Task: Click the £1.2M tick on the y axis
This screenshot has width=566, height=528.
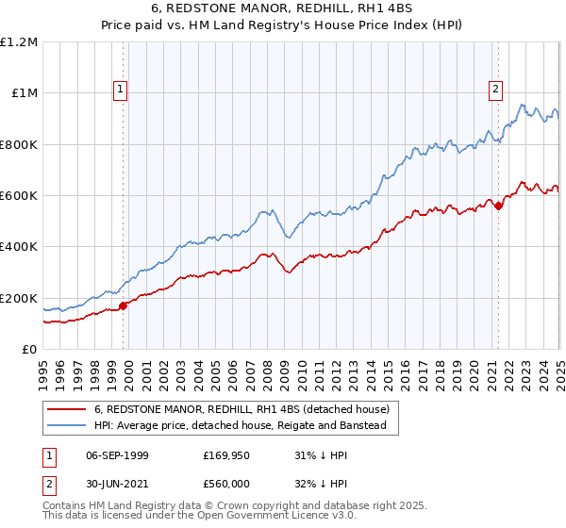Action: pos(19,41)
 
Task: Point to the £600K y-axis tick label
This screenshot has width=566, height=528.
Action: pos(19,195)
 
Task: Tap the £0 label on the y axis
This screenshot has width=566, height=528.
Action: pos(30,349)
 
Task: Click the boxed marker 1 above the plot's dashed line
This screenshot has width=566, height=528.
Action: pos(122,90)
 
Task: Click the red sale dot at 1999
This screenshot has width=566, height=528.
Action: pos(124,305)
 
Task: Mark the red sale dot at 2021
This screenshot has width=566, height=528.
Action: pos(499,206)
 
